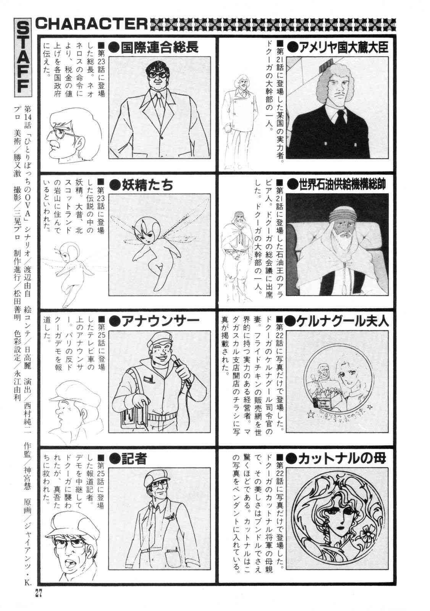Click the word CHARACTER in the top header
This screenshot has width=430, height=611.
coord(91,24)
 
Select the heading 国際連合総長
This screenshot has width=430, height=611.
coord(159,48)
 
